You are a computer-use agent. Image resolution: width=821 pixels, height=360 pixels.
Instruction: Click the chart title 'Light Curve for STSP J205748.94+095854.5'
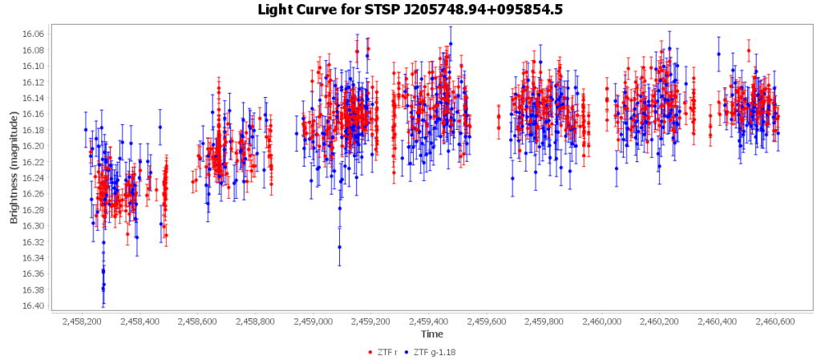point(410,10)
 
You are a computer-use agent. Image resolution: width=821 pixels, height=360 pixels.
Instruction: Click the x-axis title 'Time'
point(432,334)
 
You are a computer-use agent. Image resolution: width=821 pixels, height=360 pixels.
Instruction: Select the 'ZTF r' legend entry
point(386,352)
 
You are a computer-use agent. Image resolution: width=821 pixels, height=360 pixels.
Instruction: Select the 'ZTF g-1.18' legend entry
point(435,352)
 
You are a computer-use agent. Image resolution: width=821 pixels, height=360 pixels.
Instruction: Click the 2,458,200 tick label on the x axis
point(82,322)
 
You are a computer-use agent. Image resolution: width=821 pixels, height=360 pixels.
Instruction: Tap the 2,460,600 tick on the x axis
point(775,322)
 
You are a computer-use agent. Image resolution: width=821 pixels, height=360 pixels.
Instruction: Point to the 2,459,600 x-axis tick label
point(487,322)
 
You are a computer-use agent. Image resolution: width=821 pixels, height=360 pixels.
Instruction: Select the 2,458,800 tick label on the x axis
point(255,322)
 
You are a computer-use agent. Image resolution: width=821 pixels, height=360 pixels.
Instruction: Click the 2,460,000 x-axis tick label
point(602,322)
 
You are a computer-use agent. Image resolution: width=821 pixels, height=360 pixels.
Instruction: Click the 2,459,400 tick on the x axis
point(429,322)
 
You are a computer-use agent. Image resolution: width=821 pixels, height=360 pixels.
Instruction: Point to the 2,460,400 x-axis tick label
point(718,322)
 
